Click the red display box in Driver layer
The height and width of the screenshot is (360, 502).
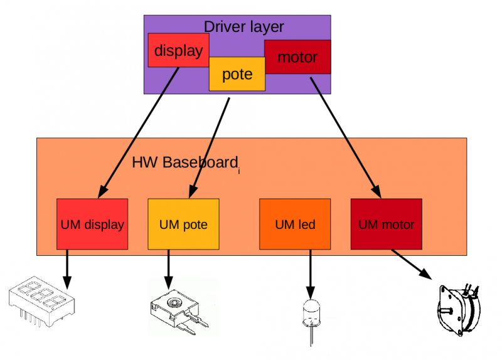[178, 50]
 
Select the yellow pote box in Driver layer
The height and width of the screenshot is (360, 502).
[237, 74]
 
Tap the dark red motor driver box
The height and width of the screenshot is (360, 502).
[297, 57]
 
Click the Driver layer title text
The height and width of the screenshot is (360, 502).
[243, 27]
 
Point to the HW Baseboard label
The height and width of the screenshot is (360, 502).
[185, 162]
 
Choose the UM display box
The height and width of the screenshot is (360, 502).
[92, 224]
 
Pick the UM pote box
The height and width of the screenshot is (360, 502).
[183, 224]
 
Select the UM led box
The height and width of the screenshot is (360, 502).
[295, 224]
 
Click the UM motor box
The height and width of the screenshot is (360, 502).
[387, 224]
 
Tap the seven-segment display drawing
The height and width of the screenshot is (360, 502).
[41, 302]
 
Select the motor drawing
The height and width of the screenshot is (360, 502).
[459, 310]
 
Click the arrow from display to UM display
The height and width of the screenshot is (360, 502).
[138, 133]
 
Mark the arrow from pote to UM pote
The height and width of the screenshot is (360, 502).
[209, 148]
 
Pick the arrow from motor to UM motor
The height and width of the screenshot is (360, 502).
[346, 138]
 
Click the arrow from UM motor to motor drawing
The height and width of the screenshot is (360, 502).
[412, 264]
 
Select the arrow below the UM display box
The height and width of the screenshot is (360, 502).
[67, 270]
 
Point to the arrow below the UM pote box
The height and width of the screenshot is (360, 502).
[168, 270]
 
